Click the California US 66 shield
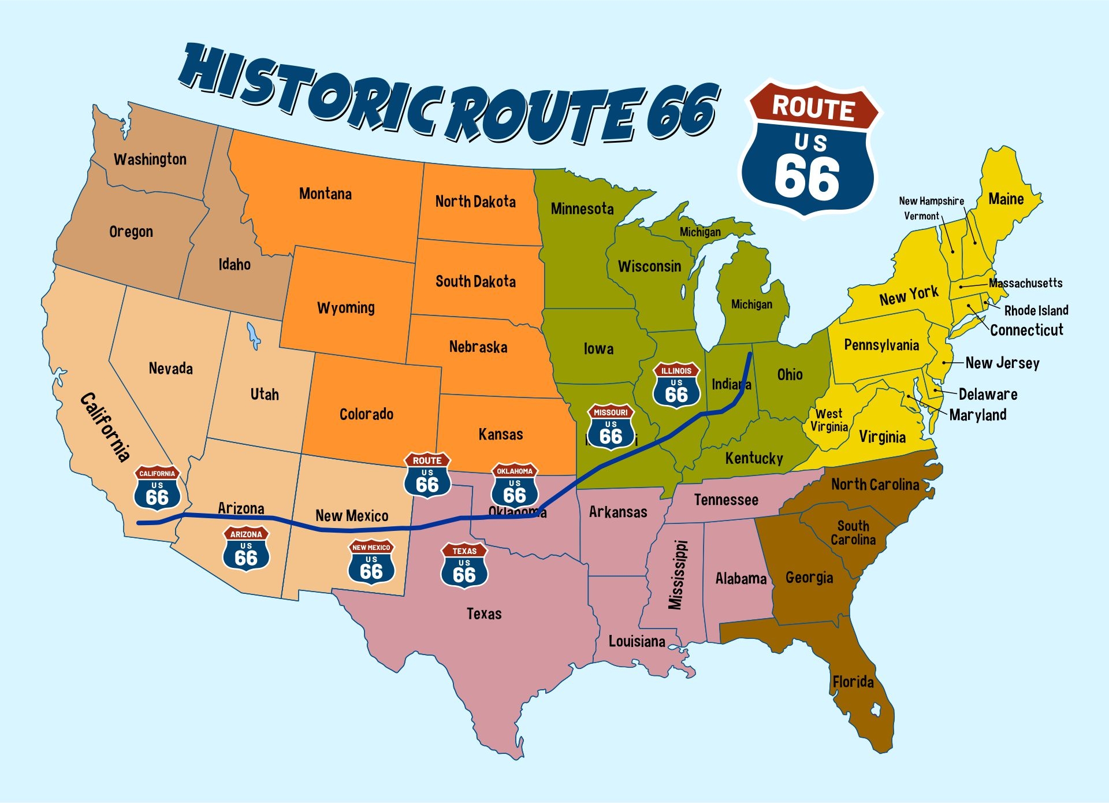click(x=157, y=489)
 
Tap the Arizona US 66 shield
click(x=246, y=549)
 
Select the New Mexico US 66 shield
click(x=371, y=562)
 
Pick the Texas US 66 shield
click(x=464, y=566)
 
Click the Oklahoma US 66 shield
click(x=515, y=486)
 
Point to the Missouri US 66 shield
click(x=611, y=427)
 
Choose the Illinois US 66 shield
click(x=676, y=385)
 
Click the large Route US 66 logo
click(x=810, y=149)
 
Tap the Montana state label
click(x=325, y=194)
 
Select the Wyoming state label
click(x=345, y=307)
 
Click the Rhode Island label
click(x=1036, y=310)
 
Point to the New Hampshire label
click(x=931, y=201)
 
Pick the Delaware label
click(x=988, y=395)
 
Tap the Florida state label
click(x=853, y=682)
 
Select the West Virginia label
click(x=829, y=420)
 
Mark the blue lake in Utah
click(x=253, y=336)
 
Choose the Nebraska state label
click(x=478, y=347)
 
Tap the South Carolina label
click(x=853, y=533)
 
